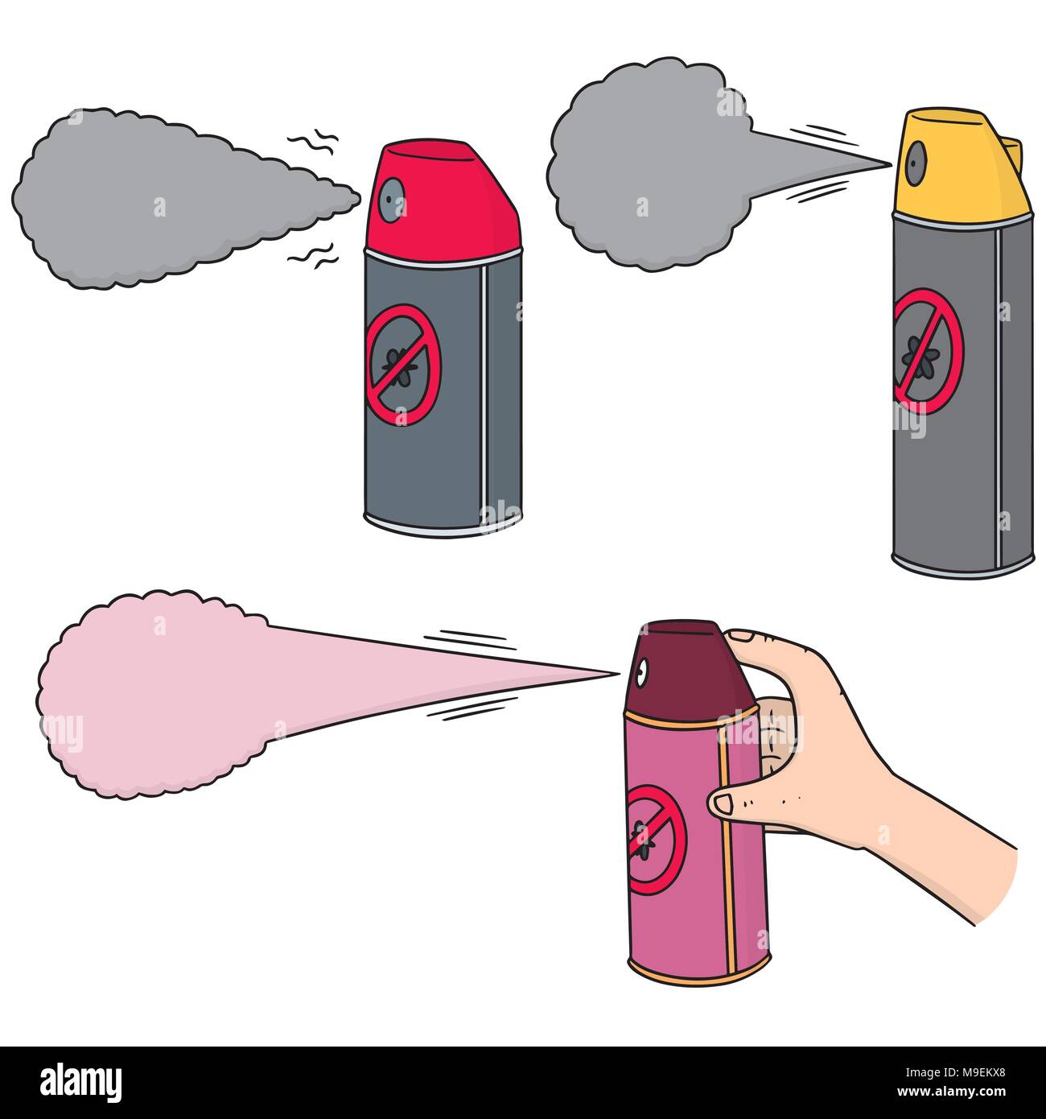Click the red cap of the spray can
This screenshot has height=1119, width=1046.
pyautogui.click(x=451, y=201)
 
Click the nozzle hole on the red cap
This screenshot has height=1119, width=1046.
pyautogui.click(x=393, y=198)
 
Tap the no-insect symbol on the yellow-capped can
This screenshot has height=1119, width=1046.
pyautogui.click(x=927, y=351)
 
